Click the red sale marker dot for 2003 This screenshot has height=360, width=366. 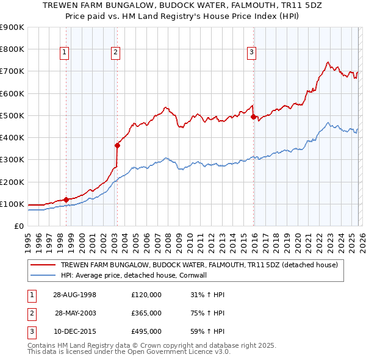tap(117, 145)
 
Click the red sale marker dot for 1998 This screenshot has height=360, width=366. tap(66, 199)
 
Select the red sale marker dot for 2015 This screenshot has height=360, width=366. tap(253, 117)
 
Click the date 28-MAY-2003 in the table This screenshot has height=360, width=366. tap(76, 313)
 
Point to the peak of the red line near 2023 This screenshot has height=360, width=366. tap(328, 62)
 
